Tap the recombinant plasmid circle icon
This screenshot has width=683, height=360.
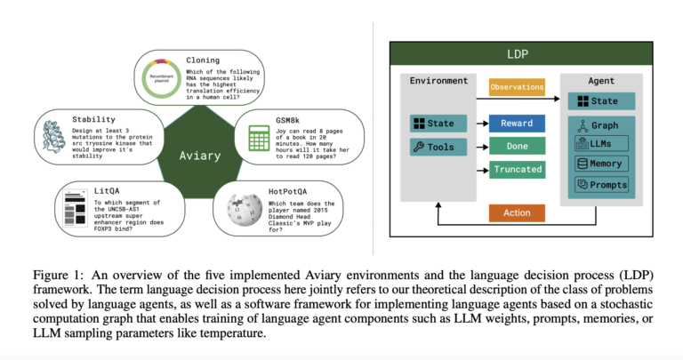[162, 78]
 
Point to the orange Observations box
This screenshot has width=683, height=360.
[517, 89]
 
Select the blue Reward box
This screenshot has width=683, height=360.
[517, 123]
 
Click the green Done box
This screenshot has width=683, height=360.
[517, 146]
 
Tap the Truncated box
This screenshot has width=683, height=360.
[517, 169]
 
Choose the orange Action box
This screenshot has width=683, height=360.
[517, 212]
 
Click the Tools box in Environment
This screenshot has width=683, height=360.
[437, 147]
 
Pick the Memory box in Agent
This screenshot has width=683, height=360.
[602, 164]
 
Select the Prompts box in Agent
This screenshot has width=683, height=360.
[602, 184]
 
